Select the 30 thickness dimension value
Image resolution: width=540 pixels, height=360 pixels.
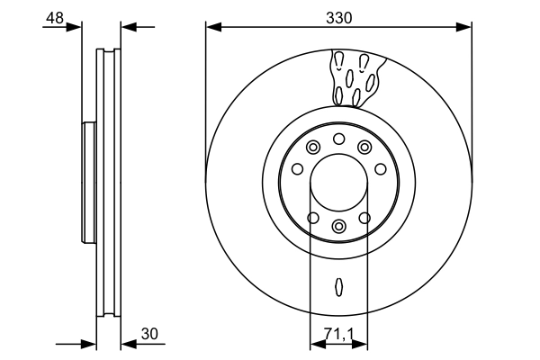click(x=148, y=335)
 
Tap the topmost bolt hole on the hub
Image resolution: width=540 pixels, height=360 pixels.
click(x=338, y=139)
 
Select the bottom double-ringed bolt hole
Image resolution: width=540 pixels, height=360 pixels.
click(x=338, y=226)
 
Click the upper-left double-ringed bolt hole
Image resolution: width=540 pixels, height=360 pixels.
click(x=312, y=148)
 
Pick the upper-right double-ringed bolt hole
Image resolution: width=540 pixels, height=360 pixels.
click(x=364, y=148)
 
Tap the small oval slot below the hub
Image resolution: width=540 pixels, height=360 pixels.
click(x=338, y=286)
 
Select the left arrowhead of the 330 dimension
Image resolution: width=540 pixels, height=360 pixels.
click(x=211, y=26)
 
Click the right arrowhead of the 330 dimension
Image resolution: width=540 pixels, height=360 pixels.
click(x=465, y=26)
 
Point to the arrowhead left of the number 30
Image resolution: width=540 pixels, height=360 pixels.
click(x=127, y=343)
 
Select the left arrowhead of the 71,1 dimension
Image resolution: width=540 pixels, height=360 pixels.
click(x=315, y=343)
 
